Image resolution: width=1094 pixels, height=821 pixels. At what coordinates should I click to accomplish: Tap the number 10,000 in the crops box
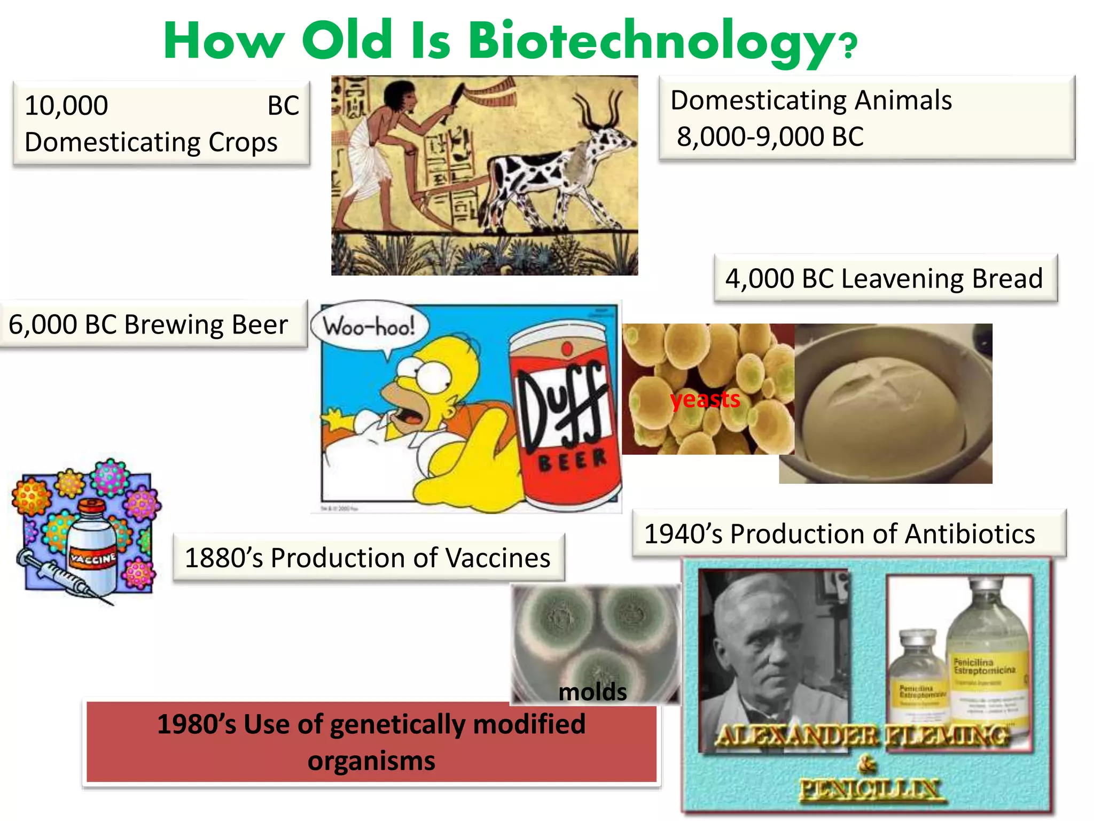click(66, 106)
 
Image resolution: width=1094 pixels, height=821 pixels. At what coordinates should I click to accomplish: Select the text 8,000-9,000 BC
click(770, 137)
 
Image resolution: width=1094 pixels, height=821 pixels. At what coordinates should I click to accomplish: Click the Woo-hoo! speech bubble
click(369, 327)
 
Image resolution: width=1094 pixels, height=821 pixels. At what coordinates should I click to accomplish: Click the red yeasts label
click(705, 399)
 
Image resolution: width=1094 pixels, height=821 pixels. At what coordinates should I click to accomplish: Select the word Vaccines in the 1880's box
click(497, 559)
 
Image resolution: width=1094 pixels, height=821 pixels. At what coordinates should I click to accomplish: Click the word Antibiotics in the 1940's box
click(970, 535)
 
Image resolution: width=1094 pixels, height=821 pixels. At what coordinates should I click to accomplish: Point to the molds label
click(592, 692)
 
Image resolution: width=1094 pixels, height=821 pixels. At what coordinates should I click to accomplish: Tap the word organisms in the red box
click(371, 761)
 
